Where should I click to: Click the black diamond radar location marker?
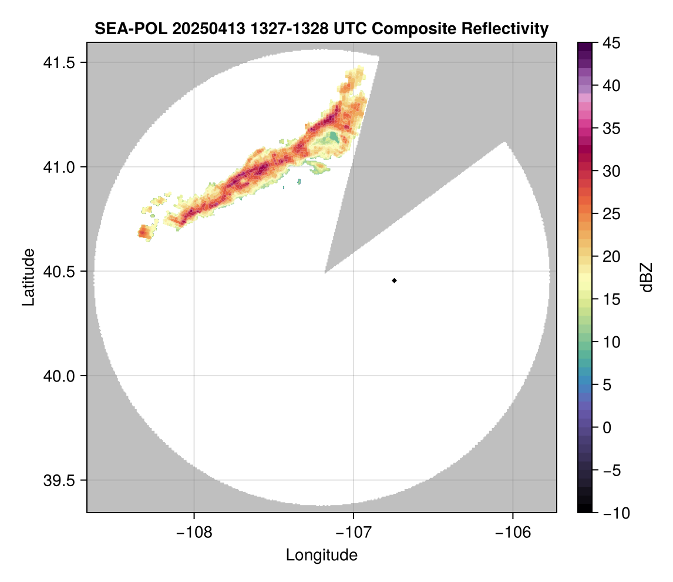[394, 280]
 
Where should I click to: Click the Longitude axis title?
[321, 555]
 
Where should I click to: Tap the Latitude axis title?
[28, 277]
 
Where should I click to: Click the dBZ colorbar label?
[647, 277]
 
